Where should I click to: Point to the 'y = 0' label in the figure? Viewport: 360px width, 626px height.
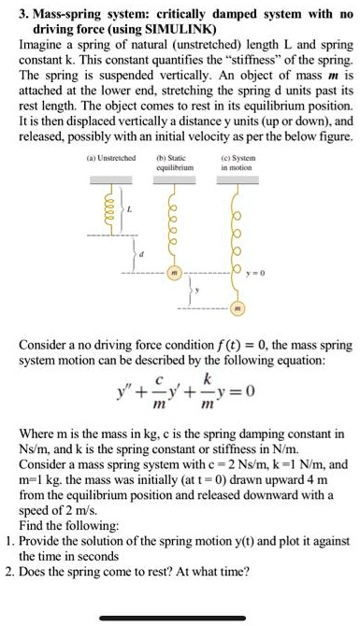[257, 276]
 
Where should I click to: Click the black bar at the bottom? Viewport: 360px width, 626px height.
[180, 618]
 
